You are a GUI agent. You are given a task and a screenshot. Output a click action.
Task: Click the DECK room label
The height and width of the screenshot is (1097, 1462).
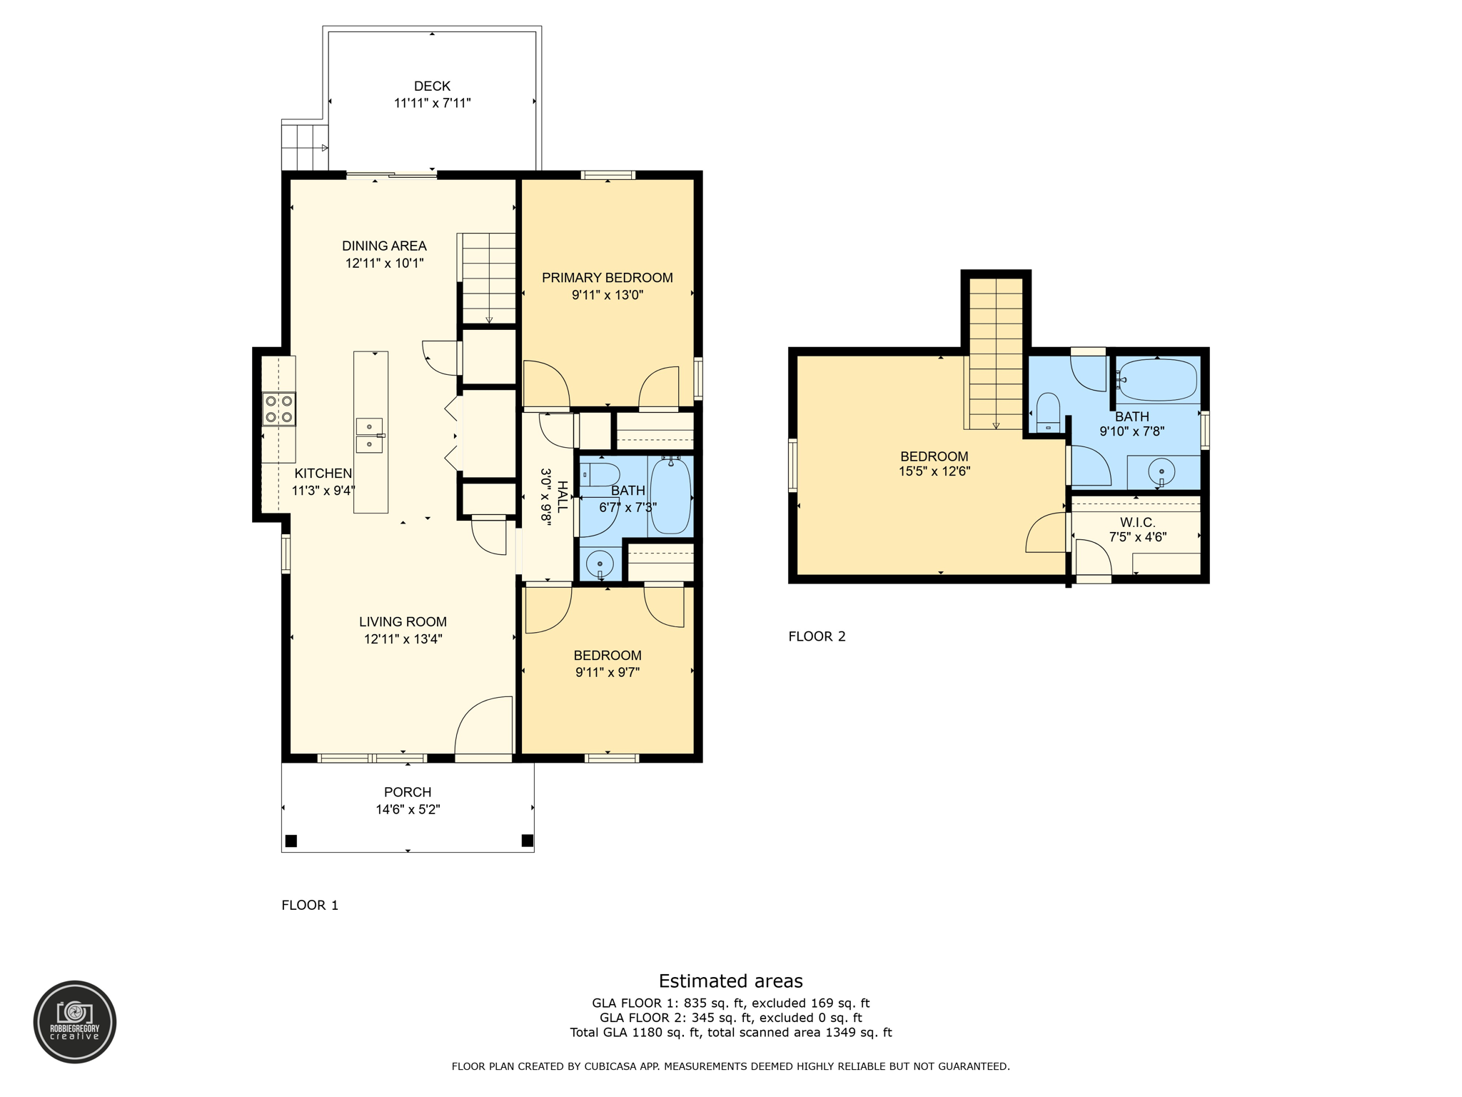(432, 86)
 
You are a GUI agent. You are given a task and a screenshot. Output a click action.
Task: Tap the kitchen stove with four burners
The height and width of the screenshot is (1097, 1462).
(278, 409)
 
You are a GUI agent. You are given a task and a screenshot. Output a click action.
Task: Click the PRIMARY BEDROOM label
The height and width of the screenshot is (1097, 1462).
(607, 278)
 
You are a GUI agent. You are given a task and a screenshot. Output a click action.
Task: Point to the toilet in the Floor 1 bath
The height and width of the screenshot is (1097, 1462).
(600, 474)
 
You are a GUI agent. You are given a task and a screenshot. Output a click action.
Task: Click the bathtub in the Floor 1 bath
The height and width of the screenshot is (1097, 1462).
(670, 496)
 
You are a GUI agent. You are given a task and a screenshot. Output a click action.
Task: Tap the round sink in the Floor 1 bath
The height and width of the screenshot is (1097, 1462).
(600, 564)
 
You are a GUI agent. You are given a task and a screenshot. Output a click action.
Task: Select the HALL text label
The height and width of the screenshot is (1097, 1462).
(563, 497)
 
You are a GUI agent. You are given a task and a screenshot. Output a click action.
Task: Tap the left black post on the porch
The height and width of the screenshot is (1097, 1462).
(291, 841)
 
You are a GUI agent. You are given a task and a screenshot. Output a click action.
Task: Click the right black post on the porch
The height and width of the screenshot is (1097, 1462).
(528, 840)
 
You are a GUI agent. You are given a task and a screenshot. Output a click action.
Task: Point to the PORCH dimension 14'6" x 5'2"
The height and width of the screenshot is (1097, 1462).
(408, 809)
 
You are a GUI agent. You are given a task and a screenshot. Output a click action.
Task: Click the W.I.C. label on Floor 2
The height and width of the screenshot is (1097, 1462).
(1137, 522)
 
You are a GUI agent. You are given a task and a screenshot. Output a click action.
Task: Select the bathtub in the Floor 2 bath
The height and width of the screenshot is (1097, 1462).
(1156, 380)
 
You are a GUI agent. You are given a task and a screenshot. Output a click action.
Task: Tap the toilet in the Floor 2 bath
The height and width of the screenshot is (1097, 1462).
(1048, 412)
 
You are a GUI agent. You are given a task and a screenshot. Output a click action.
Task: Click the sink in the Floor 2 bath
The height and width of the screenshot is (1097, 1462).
(1161, 472)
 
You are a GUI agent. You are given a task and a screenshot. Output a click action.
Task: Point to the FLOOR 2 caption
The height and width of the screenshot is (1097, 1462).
(817, 636)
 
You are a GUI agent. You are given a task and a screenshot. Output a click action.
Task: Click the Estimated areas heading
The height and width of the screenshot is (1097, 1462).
(730, 981)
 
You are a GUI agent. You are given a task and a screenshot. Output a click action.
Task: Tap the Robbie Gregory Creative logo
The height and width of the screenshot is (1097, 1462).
(75, 1021)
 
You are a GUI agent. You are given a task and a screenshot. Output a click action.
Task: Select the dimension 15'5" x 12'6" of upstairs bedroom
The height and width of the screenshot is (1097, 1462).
(934, 471)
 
